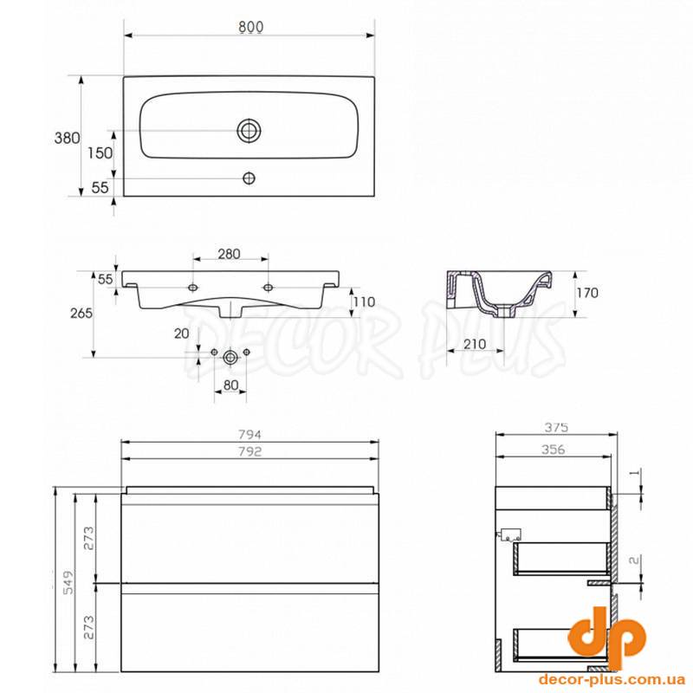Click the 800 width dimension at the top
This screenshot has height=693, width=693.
coord(251,27)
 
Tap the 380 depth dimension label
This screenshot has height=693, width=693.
coord(68,138)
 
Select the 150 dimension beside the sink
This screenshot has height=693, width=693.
coord(100,153)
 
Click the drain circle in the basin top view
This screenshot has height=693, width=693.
coord(249,131)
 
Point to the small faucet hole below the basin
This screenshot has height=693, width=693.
coord(249,178)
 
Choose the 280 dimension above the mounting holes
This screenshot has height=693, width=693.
coord(229,254)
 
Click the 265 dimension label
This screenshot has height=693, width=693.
coord(81,313)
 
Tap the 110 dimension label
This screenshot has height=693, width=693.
coord(364,301)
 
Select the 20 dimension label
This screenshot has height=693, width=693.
coord(182,334)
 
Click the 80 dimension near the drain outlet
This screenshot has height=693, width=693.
coord(230,385)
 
